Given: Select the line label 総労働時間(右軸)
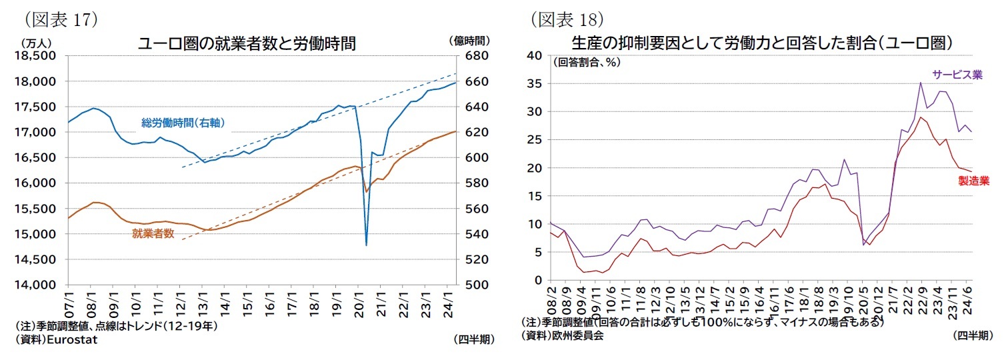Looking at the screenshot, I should click(182, 123).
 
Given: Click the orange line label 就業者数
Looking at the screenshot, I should click(153, 233).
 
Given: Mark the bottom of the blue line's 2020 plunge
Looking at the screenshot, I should click(366, 245).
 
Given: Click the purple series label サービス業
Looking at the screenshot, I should click(957, 75).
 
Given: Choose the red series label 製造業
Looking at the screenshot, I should click(973, 180).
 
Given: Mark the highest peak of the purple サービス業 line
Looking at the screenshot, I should click(920, 83).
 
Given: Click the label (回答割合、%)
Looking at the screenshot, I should click(586, 63).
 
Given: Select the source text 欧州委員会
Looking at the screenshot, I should click(577, 336).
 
